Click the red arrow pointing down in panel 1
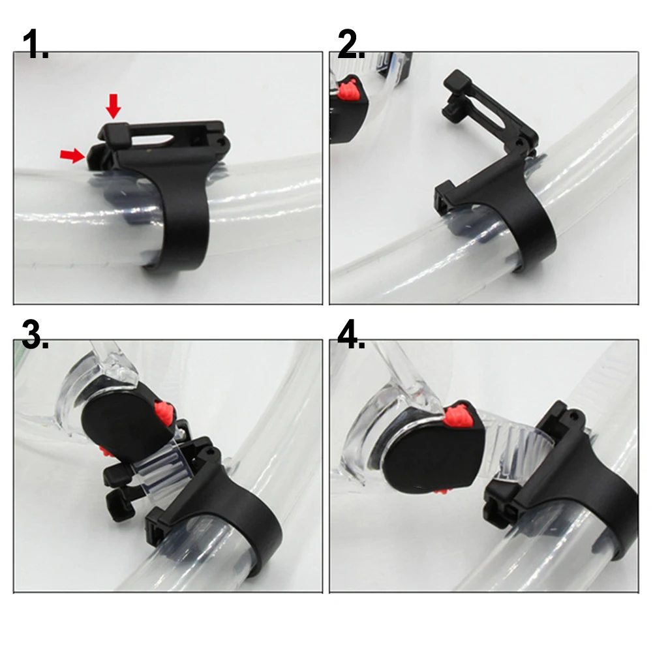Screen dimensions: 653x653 click(114, 105)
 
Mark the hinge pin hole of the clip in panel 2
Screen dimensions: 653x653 click(520, 140)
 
